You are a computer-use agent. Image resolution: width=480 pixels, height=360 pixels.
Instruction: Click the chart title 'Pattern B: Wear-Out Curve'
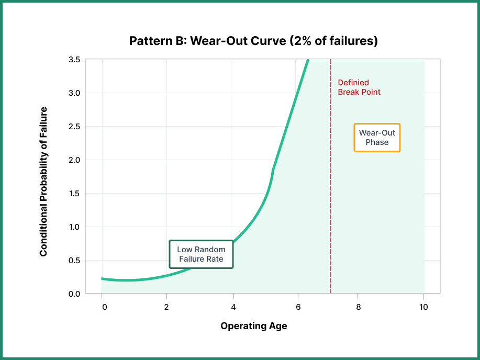click(253, 41)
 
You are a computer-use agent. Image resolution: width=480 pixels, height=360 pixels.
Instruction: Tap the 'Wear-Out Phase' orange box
click(377, 138)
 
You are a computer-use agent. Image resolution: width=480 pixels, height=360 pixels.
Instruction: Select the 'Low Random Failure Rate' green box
click(201, 254)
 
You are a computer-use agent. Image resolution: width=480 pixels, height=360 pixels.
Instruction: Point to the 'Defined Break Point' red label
click(359, 87)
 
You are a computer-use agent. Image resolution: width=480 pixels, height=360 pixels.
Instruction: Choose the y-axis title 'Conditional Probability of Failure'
click(43, 182)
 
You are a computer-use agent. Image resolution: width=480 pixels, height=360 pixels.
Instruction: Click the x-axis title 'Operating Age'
click(253, 326)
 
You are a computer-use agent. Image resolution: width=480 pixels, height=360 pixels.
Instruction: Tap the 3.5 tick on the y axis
click(74, 60)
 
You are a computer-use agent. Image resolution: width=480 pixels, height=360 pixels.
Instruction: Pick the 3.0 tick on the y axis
click(74, 93)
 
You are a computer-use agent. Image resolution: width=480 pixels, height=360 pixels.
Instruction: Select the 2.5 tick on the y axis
click(74, 127)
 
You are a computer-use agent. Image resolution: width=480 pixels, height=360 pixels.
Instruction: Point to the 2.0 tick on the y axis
click(74, 160)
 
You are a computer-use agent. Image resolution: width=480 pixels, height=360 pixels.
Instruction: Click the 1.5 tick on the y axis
click(74, 194)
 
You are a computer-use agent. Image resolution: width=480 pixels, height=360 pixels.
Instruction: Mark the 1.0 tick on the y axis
click(74, 227)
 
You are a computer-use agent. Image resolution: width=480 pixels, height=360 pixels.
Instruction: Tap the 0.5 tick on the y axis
click(74, 261)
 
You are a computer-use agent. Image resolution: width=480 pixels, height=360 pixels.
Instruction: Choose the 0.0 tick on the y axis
click(74, 294)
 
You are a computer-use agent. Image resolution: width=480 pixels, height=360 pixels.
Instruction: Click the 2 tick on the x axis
click(166, 307)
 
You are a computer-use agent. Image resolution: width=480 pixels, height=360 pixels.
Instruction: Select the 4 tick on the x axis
click(233, 307)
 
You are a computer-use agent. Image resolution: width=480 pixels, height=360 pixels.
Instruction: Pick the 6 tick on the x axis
click(298, 307)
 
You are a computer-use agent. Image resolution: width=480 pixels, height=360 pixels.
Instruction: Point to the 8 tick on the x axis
click(358, 307)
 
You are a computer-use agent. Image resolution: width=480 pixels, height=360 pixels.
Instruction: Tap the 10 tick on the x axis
click(423, 307)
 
